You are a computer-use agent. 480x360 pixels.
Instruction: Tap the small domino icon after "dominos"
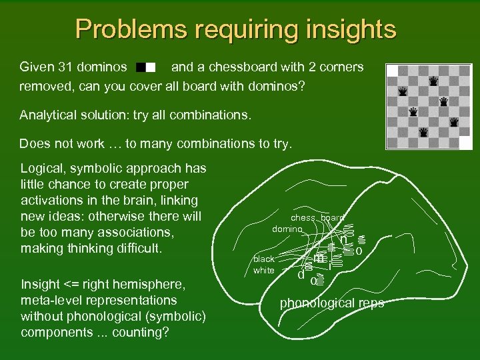145,67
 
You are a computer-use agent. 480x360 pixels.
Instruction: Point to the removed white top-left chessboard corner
392,70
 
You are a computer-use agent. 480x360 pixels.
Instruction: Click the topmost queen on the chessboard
434,81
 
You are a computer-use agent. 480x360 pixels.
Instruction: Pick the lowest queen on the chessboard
423,133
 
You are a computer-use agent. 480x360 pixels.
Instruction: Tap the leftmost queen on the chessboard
403,91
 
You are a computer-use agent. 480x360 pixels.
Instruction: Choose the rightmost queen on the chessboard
455,122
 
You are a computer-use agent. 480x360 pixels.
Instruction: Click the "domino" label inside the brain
287,229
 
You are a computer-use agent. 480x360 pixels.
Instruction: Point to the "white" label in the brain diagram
263,270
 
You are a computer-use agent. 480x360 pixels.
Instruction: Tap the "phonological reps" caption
331,303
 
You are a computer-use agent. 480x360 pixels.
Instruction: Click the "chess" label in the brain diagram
303,218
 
